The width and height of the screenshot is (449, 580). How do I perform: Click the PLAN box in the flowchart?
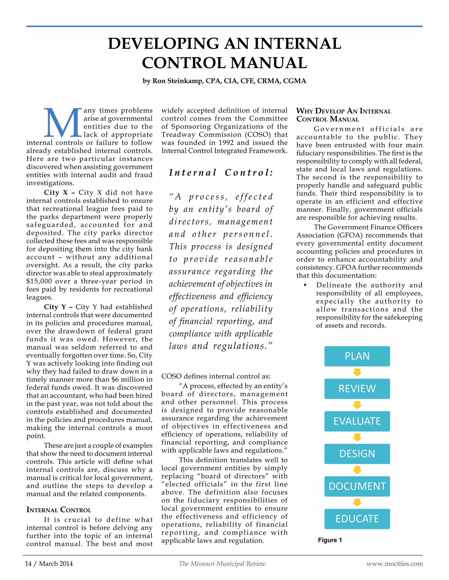pos(357,356)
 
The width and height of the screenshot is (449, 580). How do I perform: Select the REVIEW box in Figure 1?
pos(357,388)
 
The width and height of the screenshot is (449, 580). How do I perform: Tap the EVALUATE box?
pos(357,421)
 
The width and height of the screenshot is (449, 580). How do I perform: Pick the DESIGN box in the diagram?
pos(357,453)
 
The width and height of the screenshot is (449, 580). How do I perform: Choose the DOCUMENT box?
pos(357,486)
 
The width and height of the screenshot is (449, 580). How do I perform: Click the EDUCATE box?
pos(357,519)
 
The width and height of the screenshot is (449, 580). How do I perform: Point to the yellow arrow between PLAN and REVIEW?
pos(357,372)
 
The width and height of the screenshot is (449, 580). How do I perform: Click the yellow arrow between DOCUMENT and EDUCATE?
pos(357,503)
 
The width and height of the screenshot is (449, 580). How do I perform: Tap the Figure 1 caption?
pos(330,540)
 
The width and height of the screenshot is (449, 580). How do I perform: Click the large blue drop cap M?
pos(62,122)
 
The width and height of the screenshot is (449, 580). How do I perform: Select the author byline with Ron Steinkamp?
pos(224,81)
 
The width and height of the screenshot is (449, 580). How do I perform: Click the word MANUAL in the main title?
pos(269,63)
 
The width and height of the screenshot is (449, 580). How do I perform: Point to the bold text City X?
pos(56,193)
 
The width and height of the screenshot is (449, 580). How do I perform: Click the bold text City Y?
pos(55,307)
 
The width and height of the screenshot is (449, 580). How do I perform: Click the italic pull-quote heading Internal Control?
pos(221,173)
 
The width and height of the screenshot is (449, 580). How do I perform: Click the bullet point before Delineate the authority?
pos(305,285)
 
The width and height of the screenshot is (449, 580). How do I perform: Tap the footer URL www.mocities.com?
pos(394,564)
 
